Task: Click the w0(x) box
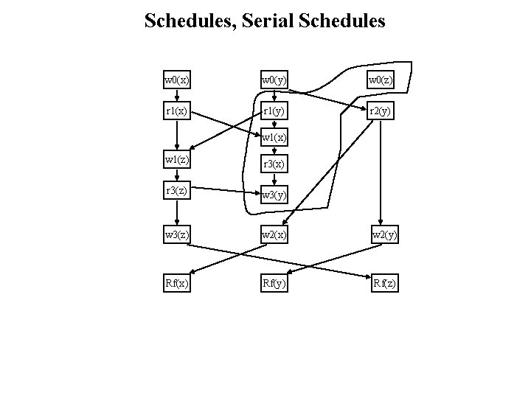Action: tap(177, 80)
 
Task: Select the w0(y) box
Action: tap(274, 80)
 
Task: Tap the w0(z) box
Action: tap(381, 80)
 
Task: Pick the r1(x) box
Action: tap(177, 111)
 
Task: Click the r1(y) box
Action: tap(274, 111)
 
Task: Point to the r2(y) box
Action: tap(381, 111)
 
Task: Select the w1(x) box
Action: tap(274, 137)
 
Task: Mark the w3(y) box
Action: tap(274, 195)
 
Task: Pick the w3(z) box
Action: tap(177, 234)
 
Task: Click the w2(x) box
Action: tap(274, 234)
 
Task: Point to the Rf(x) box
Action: tap(177, 282)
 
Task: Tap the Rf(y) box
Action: tap(274, 282)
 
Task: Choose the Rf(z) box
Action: tap(383, 282)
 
